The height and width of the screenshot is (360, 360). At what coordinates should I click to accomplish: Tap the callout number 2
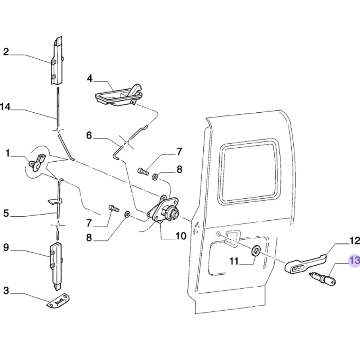tap(6, 52)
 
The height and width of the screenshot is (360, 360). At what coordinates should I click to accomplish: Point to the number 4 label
tap(90, 78)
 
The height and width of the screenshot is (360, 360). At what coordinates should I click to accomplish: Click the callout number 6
tap(89, 135)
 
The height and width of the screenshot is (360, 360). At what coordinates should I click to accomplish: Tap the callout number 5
tap(6, 213)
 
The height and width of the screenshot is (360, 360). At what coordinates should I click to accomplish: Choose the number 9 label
tap(6, 247)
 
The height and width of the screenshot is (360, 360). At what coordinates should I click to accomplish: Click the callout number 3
tap(6, 290)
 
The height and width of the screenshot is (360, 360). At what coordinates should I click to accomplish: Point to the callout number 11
tap(234, 261)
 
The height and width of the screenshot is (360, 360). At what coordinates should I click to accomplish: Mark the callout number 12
tap(355, 240)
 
